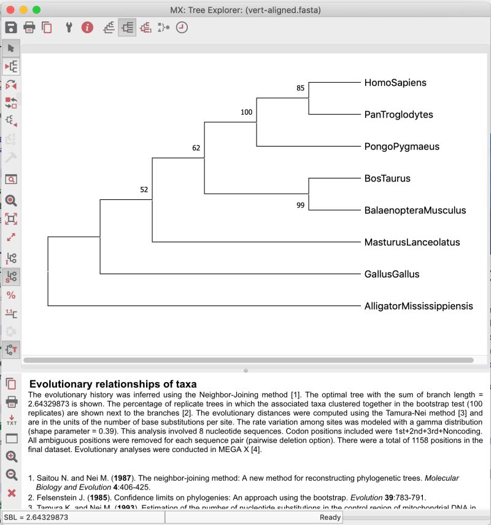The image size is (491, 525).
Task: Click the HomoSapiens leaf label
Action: (x=395, y=83)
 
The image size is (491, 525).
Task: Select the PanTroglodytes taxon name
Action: (x=398, y=115)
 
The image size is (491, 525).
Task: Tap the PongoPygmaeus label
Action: (x=401, y=147)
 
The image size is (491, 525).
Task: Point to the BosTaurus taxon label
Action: (x=387, y=178)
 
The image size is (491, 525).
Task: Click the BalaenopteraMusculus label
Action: (x=415, y=210)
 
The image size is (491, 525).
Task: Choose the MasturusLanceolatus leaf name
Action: (x=412, y=242)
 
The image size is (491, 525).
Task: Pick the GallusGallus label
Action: (x=392, y=274)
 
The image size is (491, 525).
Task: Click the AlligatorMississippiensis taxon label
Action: (x=419, y=306)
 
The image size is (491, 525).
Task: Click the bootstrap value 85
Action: (x=300, y=88)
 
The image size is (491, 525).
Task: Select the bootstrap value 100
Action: (x=246, y=112)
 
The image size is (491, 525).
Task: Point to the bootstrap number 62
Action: (x=196, y=148)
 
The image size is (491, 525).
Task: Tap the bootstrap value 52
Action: (x=144, y=190)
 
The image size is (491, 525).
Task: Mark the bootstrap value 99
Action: (x=300, y=205)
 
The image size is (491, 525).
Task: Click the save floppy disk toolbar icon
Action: (x=10, y=27)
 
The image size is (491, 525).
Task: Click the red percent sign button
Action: (x=11, y=295)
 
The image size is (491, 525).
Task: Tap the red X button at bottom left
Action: (x=11, y=492)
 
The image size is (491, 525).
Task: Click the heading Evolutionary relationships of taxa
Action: (x=113, y=384)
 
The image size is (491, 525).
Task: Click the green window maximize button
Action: (x=36, y=10)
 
